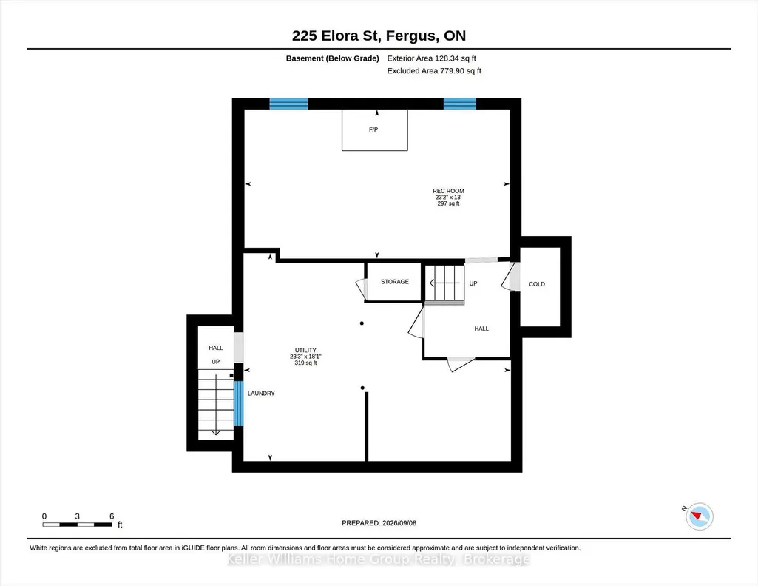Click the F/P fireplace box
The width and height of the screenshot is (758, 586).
375,130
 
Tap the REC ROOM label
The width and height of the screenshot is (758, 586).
448,191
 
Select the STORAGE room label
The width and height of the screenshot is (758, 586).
394,282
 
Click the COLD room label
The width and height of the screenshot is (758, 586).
537,284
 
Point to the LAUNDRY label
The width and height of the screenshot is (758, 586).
261,394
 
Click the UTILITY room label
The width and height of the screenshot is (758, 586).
305,351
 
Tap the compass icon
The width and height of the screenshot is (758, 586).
700,516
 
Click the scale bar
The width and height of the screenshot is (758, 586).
78,525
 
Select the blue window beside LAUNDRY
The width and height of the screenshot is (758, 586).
239,404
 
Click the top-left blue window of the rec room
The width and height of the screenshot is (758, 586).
288,104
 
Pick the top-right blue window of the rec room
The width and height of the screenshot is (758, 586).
460,104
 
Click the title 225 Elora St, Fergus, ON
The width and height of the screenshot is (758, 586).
379,36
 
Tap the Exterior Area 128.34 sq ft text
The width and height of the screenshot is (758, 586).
432,58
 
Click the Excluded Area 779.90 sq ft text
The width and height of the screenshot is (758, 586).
434,70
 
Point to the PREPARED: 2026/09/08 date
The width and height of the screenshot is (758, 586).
379,523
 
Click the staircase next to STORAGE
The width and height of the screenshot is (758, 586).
444,283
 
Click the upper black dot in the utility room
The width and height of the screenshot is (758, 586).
362,323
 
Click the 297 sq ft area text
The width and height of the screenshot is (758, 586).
448,204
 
